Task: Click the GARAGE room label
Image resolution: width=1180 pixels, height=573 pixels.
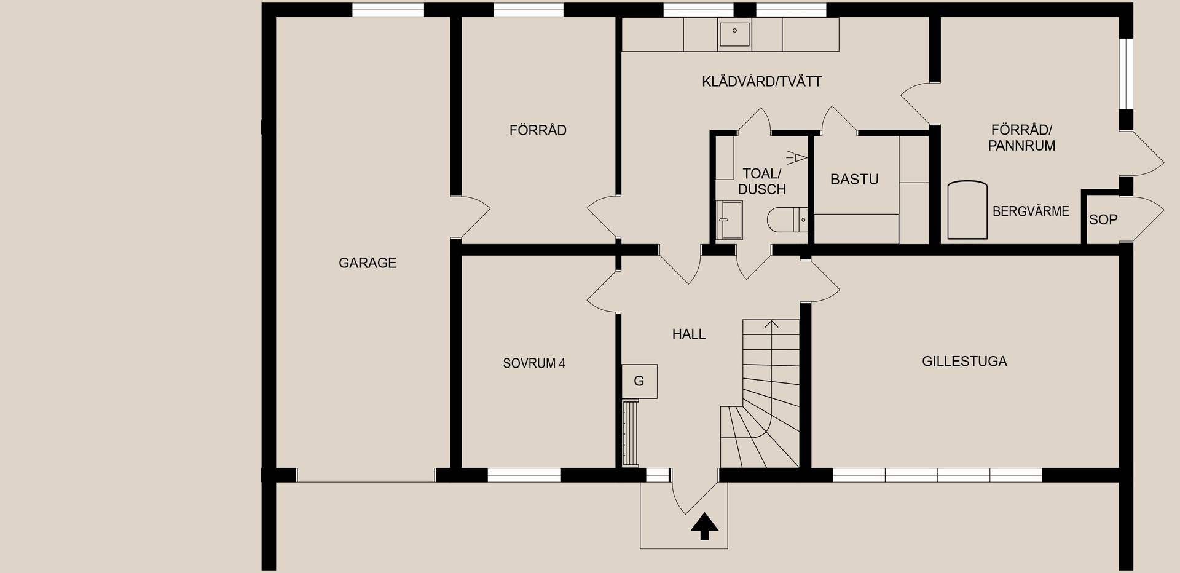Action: pos(368,263)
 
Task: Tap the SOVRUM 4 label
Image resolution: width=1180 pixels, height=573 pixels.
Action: pos(534,363)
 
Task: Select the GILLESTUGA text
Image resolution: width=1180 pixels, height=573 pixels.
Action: pos(964,362)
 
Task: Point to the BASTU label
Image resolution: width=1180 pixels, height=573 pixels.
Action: pos(854,180)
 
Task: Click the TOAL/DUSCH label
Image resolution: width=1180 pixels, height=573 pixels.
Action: pos(762,181)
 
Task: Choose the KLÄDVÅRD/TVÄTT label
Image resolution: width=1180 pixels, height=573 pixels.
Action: pos(761,82)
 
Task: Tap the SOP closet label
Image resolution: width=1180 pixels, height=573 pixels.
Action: pos(1103,219)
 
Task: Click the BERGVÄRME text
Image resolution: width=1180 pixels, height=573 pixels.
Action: pos(1031,211)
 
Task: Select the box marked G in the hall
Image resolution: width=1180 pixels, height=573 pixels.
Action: pos(639,381)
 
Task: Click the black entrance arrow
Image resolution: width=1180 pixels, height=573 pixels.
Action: pos(704,527)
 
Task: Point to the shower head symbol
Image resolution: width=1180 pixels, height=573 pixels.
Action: pos(798,159)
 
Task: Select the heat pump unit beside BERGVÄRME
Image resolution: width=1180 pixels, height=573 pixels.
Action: pos(967,210)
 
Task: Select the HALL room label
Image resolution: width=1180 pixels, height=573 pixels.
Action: pos(688,334)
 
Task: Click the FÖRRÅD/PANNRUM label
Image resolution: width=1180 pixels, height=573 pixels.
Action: pos(1021,138)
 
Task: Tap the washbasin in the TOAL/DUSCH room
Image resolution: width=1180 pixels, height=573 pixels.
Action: pos(729,219)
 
